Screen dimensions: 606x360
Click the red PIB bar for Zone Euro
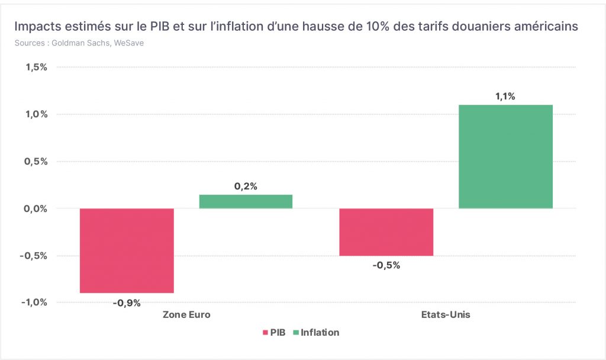[x=127, y=250]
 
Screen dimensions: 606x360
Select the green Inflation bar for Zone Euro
[x=246, y=201]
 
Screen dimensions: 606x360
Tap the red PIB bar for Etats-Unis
[x=386, y=232]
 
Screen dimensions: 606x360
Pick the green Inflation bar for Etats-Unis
[x=505, y=156]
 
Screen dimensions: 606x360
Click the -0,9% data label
[x=127, y=303]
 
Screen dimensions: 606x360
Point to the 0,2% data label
[x=246, y=187]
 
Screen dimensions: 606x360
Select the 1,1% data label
[x=505, y=97]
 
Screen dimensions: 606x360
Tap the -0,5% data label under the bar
[x=386, y=265]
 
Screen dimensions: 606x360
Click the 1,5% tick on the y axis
[x=36, y=67]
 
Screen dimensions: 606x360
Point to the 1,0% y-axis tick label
[x=36, y=114]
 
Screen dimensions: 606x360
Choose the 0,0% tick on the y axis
[x=36, y=209]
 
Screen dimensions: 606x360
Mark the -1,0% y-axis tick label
[x=34, y=303]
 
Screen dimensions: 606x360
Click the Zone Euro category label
[x=186, y=315]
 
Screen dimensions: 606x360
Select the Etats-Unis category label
[x=446, y=315]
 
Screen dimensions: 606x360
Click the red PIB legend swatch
[x=266, y=333]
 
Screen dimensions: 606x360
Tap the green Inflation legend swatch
[x=296, y=333]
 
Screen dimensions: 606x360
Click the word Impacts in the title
[x=37, y=27]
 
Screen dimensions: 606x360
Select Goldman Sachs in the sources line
[x=80, y=43]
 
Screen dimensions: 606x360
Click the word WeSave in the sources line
[x=128, y=43]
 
